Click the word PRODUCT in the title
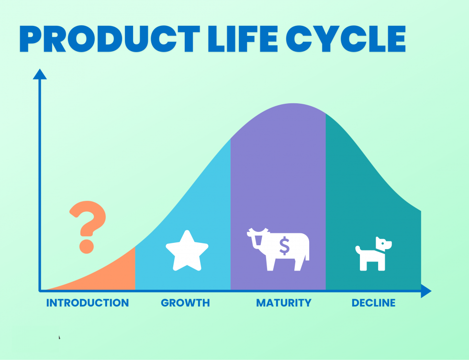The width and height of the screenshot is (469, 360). click(110, 39)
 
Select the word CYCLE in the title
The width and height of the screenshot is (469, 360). click(346, 39)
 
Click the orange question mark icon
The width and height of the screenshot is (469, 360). click(88, 227)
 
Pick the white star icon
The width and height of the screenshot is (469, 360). click(187, 251)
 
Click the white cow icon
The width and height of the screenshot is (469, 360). click(278, 250)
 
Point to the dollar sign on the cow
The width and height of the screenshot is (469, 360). click(284, 246)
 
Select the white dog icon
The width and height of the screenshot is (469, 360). click(374, 254)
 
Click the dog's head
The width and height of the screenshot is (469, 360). click(383, 244)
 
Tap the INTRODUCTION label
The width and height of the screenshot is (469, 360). click(87, 303)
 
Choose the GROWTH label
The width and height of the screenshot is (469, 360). click(186, 303)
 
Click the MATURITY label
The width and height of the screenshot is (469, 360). click(284, 303)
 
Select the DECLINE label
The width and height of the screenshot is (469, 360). click(374, 303)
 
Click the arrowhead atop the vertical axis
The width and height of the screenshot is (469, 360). click(40, 75)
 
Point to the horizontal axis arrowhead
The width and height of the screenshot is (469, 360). click(426, 291)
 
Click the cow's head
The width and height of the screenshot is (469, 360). click(257, 238)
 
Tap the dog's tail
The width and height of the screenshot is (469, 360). click(358, 250)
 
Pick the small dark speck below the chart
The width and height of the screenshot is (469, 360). click(59, 338)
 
